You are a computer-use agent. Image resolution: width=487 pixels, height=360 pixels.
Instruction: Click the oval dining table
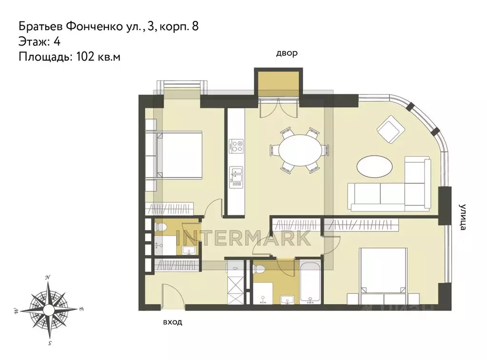[x=299, y=149]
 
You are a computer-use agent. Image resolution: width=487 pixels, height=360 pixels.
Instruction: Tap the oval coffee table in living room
[x=375, y=168]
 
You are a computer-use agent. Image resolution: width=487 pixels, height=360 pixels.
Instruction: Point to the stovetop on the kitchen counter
[x=236, y=145]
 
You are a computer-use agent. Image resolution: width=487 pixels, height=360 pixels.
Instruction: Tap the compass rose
[x=49, y=310]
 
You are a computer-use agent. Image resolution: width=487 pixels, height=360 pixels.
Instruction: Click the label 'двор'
[x=287, y=53]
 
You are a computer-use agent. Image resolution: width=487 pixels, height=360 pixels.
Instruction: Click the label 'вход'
[x=172, y=322]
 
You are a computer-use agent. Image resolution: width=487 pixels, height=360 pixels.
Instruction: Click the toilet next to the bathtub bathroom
[x=260, y=271]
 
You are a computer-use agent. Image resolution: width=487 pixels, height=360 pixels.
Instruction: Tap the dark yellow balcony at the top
[x=278, y=82]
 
